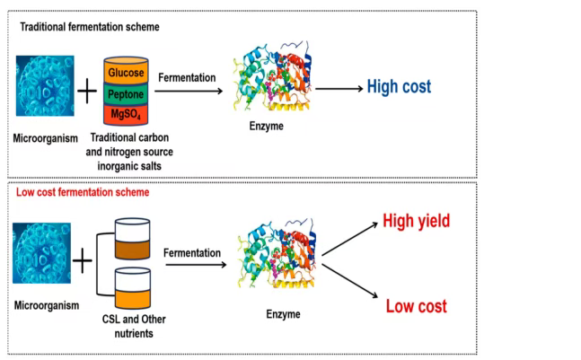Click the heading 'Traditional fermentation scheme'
click(90, 27)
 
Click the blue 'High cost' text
click(400, 87)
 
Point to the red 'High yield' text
click(417, 222)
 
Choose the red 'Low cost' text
click(417, 306)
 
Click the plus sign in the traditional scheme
click(87, 92)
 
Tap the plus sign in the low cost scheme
click(83, 263)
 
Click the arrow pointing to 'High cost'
click(337, 88)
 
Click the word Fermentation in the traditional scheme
click(187, 77)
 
